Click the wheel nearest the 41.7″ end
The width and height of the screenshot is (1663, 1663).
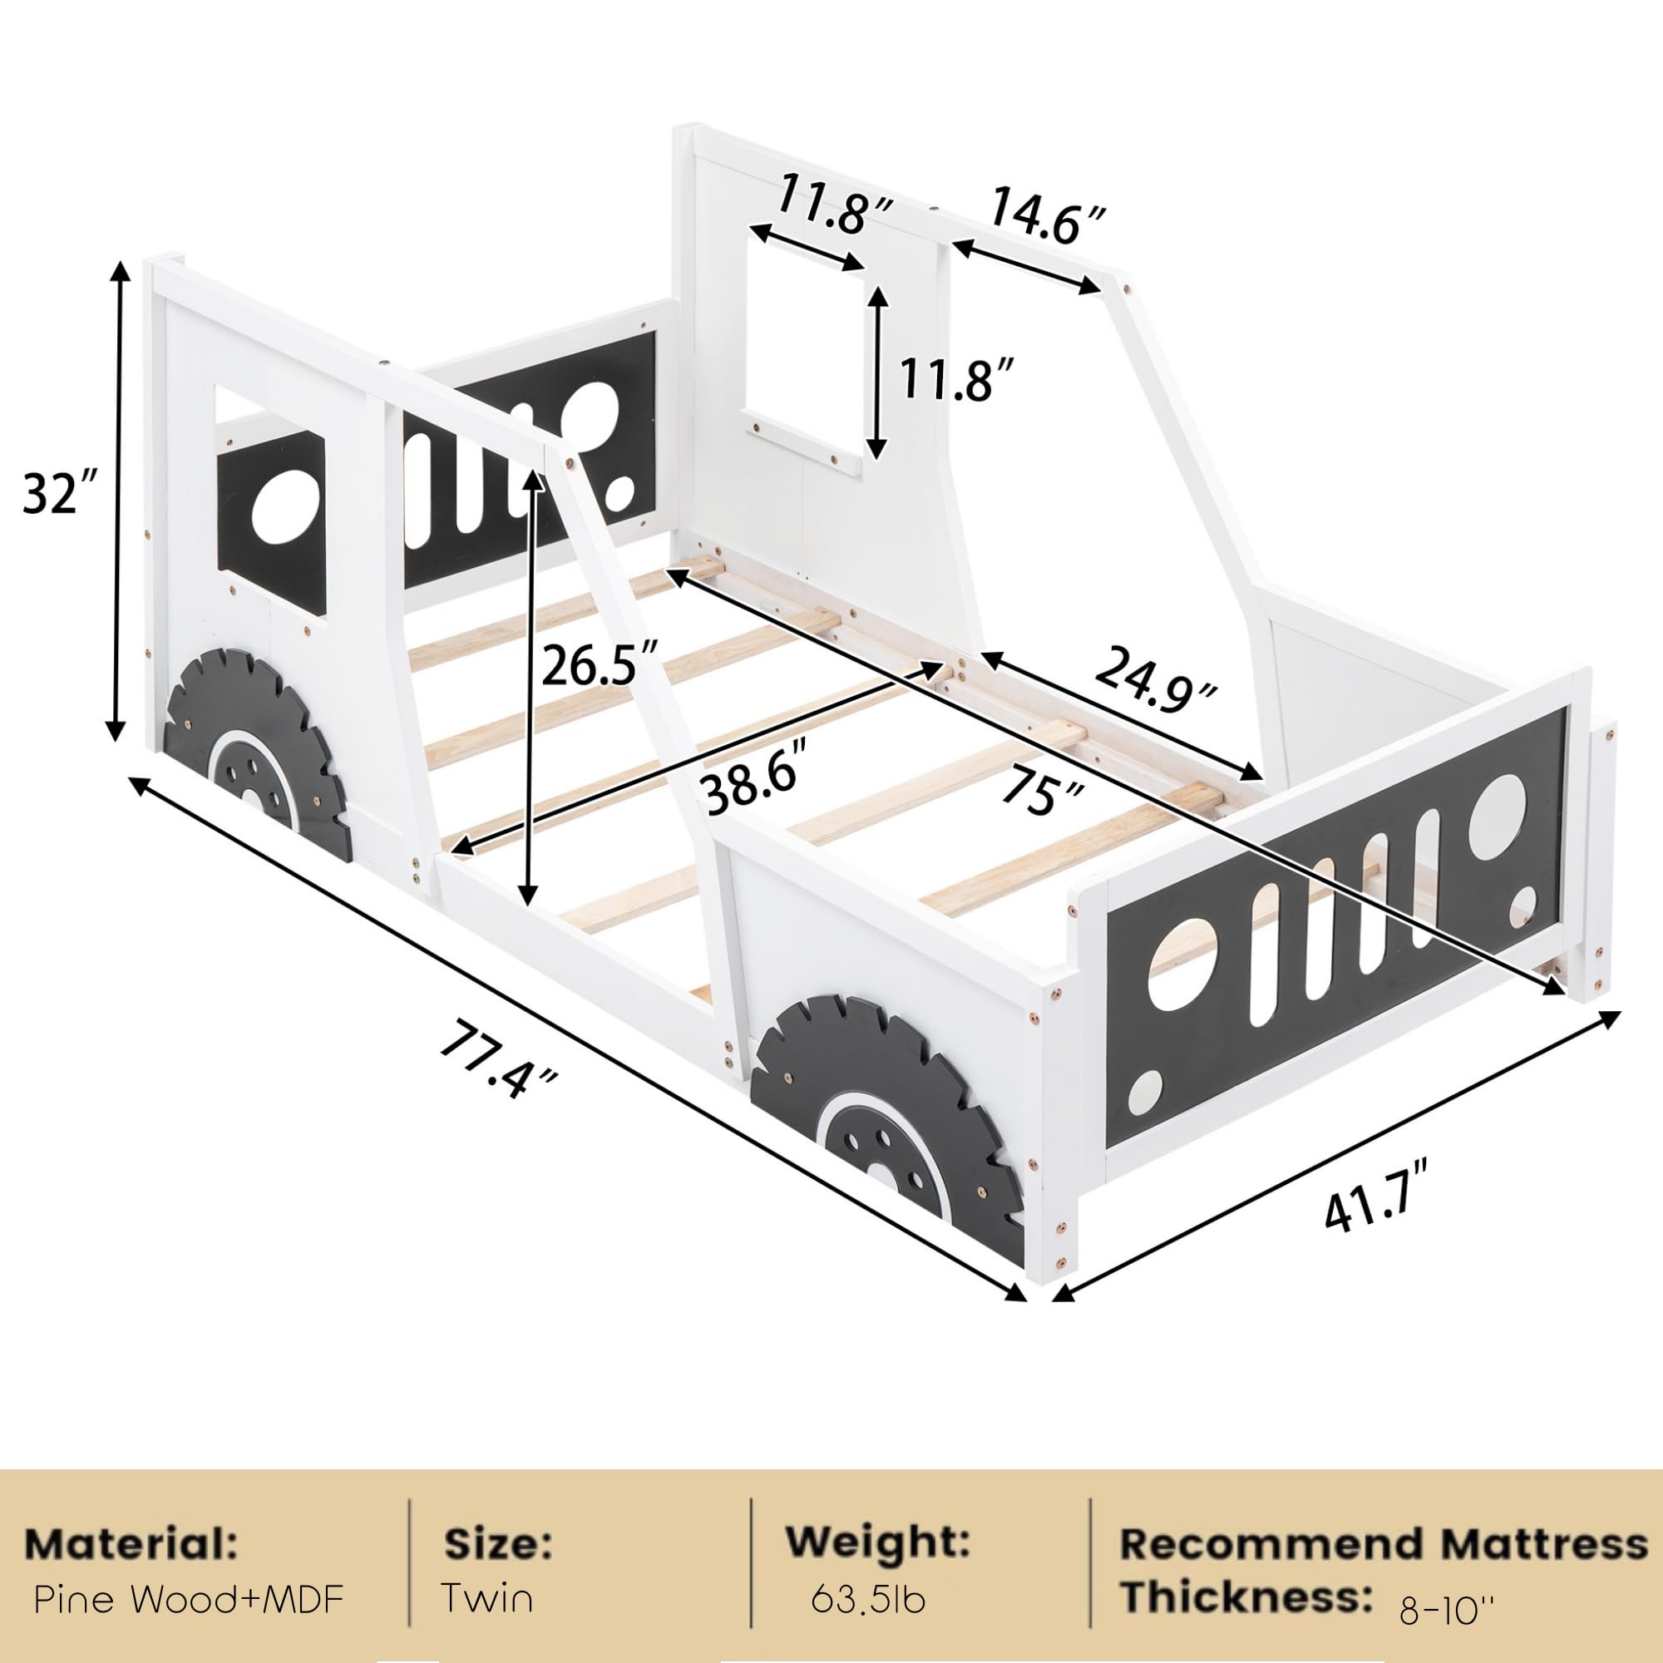[x=886, y=1126]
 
